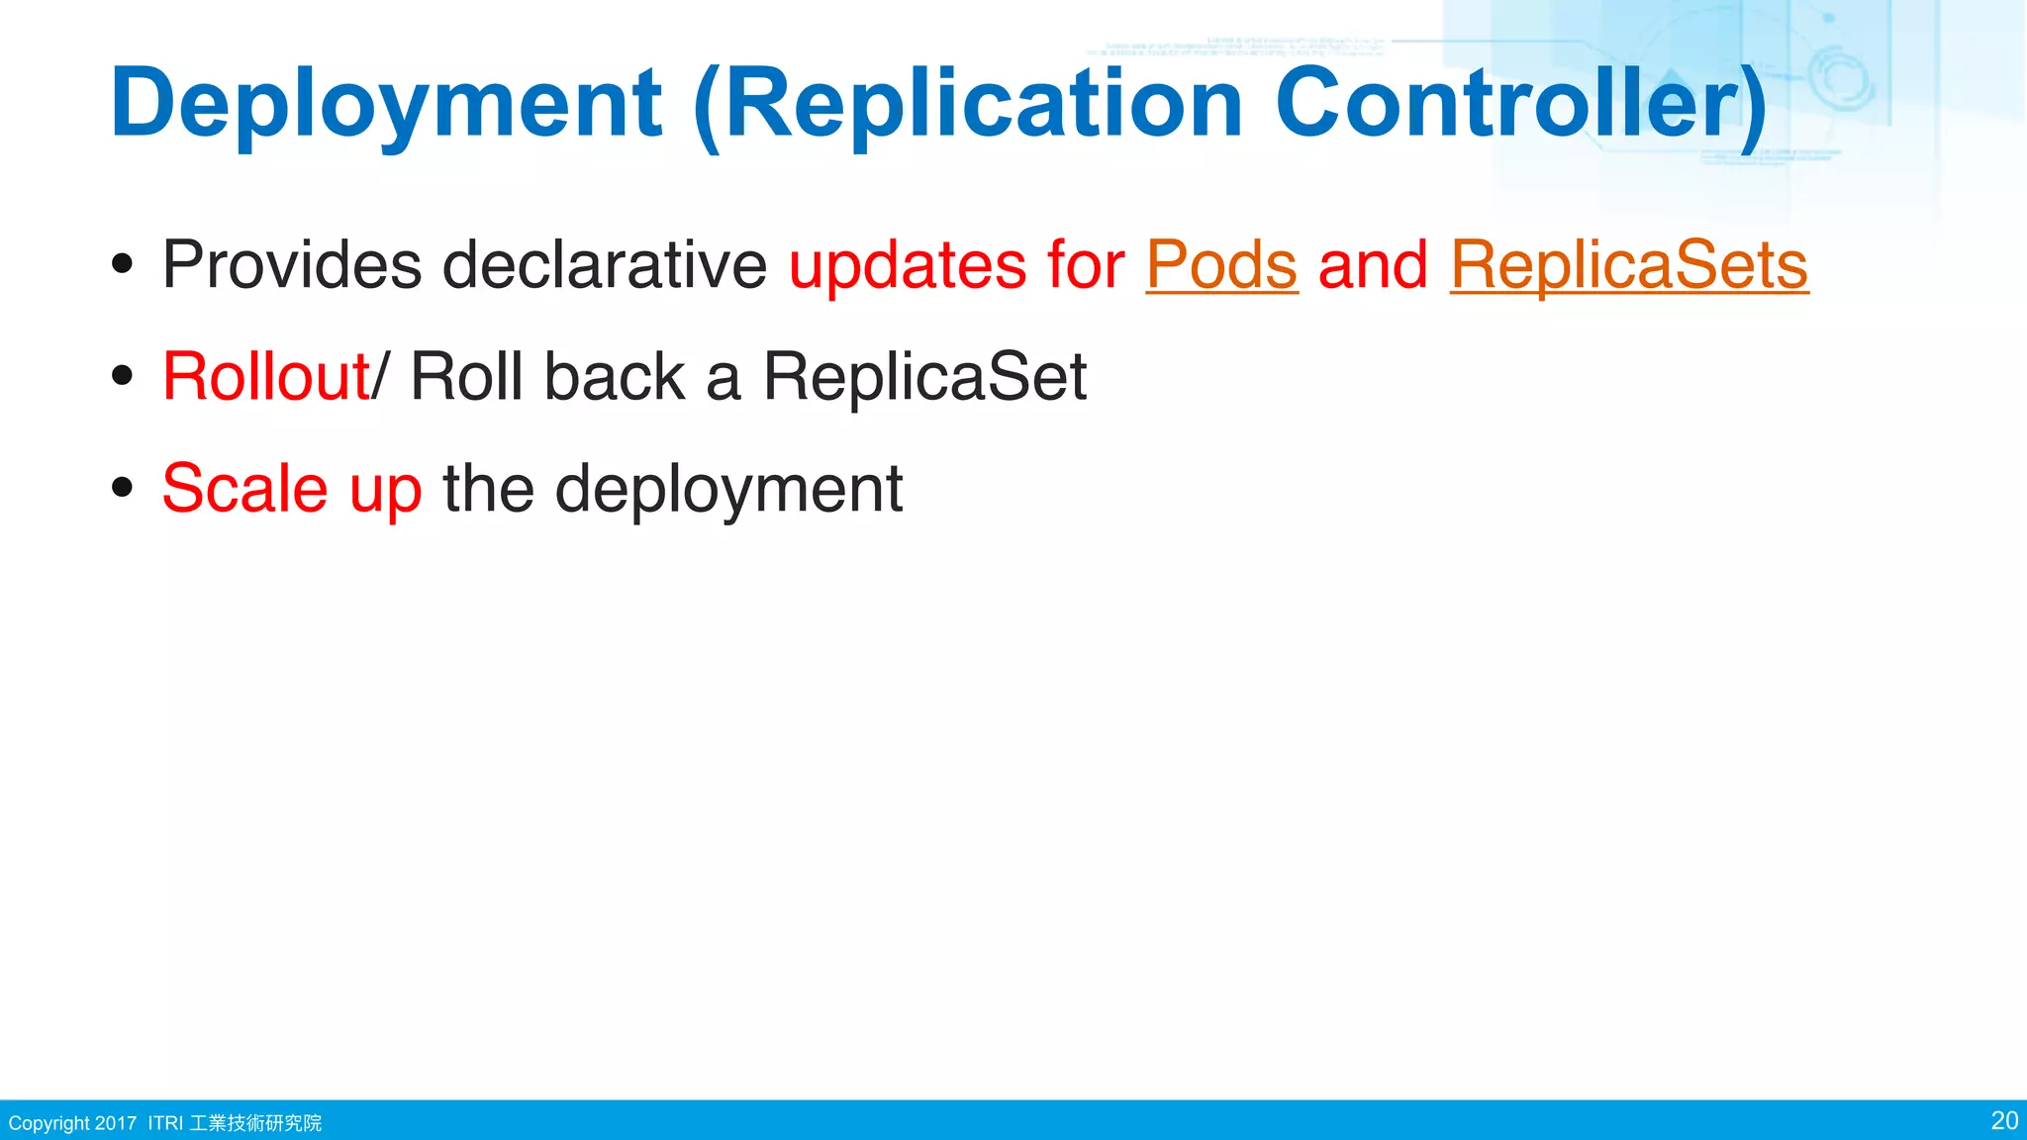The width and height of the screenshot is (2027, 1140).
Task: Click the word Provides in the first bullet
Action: tap(292, 265)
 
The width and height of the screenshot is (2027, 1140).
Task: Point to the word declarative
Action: tap(604, 265)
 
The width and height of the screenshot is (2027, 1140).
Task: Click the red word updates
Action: tap(907, 265)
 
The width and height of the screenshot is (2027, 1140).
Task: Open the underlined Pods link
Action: tap(1221, 265)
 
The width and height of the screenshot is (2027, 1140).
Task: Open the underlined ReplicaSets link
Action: tap(1629, 265)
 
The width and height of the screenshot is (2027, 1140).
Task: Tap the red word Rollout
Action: tap(265, 377)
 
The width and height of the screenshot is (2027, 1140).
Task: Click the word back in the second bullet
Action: tap(614, 377)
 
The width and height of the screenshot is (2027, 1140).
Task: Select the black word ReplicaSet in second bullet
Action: tap(924, 377)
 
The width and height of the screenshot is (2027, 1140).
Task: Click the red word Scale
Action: tap(244, 489)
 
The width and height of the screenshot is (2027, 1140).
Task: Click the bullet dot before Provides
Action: tap(123, 264)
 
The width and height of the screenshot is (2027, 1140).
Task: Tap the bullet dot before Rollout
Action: tap(123, 376)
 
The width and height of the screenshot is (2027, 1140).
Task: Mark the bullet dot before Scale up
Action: tap(123, 488)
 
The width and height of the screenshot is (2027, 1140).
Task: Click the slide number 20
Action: tap(2004, 1120)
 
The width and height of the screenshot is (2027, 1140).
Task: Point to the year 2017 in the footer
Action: tap(116, 1123)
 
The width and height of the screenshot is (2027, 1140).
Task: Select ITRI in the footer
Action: tap(165, 1123)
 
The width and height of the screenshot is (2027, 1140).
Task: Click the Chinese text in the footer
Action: tap(255, 1123)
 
